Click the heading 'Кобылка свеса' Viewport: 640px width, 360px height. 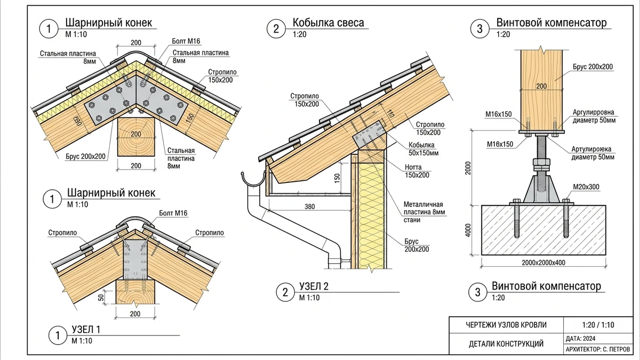tap(329, 22)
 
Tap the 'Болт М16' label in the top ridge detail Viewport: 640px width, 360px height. tap(186, 41)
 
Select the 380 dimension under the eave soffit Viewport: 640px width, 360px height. tap(310, 206)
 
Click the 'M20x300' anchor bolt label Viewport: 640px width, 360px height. tap(586, 187)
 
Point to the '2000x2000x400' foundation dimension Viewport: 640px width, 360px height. tap(543, 262)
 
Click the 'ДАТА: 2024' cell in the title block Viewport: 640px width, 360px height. tap(581, 339)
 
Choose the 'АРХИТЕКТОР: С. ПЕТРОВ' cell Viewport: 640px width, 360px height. tap(598, 349)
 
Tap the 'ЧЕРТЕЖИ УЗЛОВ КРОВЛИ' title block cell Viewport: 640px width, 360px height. tap(506, 325)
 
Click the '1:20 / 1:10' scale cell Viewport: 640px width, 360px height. tap(598, 325)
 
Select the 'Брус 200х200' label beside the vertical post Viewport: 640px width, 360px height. tap(593, 67)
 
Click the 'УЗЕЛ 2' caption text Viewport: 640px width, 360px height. tap(314, 286)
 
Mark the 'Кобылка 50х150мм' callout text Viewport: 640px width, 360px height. tap(423, 149)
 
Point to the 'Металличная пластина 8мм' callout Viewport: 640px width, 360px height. tap(425, 212)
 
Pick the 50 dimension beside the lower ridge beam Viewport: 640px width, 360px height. tap(101, 298)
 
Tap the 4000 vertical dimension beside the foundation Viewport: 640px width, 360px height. tap(468, 230)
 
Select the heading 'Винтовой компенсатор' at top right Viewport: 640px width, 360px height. tap(551, 22)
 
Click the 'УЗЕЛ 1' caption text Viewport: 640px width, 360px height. tap(86, 330)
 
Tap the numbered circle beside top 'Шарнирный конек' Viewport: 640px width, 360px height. tap(49, 29)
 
